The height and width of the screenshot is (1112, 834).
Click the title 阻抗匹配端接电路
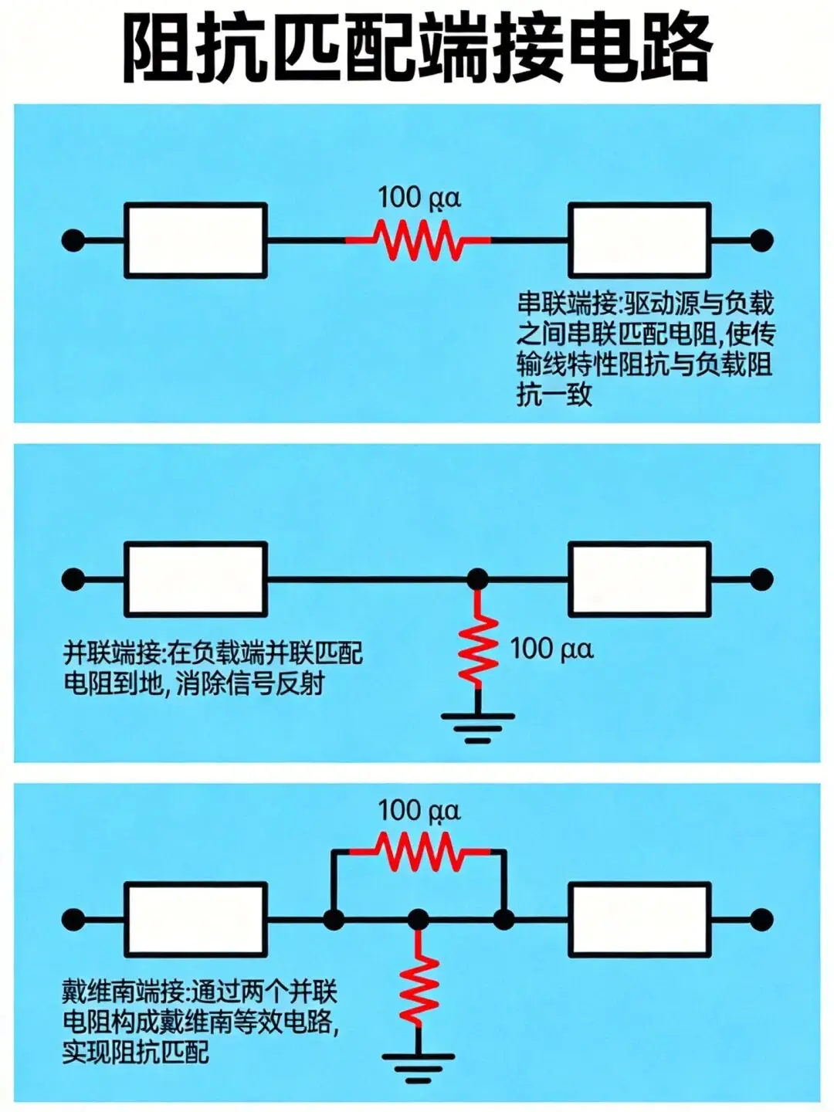tap(417, 48)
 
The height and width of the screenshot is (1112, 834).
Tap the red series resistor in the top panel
tap(418, 240)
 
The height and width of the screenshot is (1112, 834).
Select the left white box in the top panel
tap(196, 240)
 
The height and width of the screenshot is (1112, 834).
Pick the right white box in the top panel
tap(639, 240)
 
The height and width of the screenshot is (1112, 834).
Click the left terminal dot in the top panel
tap(73, 240)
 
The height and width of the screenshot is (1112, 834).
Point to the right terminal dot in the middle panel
tap(761, 579)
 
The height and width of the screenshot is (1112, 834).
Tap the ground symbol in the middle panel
tap(478, 726)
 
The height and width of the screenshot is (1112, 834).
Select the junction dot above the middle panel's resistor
tap(478, 579)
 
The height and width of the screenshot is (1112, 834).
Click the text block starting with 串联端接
tap(645, 349)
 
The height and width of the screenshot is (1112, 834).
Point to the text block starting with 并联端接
tap(212, 669)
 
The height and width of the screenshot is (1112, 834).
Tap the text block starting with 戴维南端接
tap(201, 1022)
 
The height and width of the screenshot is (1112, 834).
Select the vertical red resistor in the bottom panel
tap(418, 988)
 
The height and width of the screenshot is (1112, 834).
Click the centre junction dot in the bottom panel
tap(418, 919)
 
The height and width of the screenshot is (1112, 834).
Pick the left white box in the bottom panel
tap(196, 919)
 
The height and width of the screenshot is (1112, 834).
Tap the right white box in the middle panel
tap(639, 579)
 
